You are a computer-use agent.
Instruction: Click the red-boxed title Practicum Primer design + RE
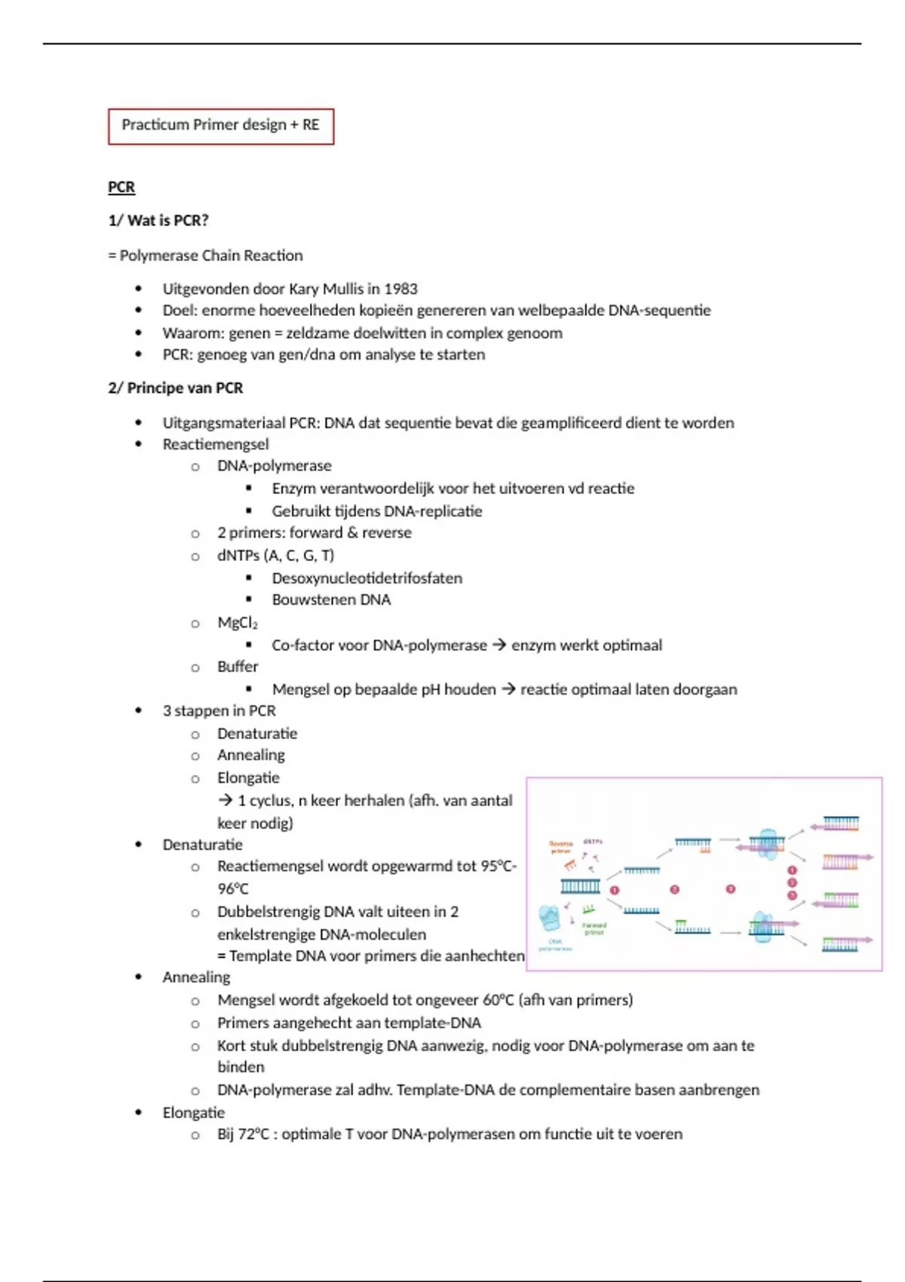point(220,125)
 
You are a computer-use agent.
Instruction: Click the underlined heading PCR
point(121,187)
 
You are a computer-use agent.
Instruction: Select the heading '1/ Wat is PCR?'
point(158,220)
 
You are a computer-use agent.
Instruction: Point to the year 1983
point(400,289)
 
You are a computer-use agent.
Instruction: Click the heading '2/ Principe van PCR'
point(176,388)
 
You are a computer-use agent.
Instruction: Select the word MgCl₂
point(238,623)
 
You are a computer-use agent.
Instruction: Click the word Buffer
point(238,667)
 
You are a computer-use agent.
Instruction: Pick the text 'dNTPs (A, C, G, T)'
point(275,556)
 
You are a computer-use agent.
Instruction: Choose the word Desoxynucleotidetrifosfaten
point(367,578)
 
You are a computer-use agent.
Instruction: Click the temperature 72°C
point(253,1134)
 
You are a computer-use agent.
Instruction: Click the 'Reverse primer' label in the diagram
point(560,847)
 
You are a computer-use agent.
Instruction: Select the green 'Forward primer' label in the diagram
point(594,928)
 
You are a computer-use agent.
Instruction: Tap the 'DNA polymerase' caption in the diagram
point(555,945)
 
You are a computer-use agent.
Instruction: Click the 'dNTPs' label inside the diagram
point(593,842)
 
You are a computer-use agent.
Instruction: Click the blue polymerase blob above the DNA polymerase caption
point(550,919)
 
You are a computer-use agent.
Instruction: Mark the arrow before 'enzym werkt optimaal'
point(499,646)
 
